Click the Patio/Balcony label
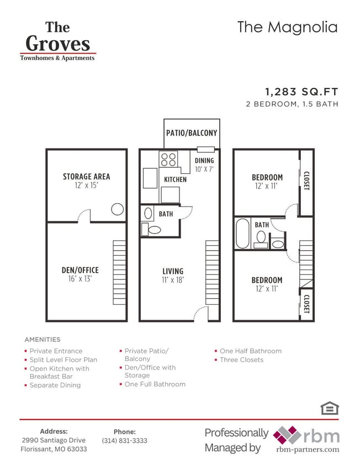(x=192, y=133)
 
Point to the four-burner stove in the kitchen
(x=168, y=160)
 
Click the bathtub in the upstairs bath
(x=243, y=234)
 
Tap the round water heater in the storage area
(x=117, y=209)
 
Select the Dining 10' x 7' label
(x=204, y=165)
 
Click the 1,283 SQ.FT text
(x=301, y=92)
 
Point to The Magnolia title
(x=287, y=27)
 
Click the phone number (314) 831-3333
(x=125, y=441)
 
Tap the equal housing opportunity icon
(x=329, y=408)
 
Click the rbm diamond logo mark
(x=287, y=435)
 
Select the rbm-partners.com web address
(x=308, y=450)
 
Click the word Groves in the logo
(x=57, y=44)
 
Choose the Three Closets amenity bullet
(x=241, y=360)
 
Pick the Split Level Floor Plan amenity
(x=63, y=360)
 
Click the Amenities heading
(x=43, y=340)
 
